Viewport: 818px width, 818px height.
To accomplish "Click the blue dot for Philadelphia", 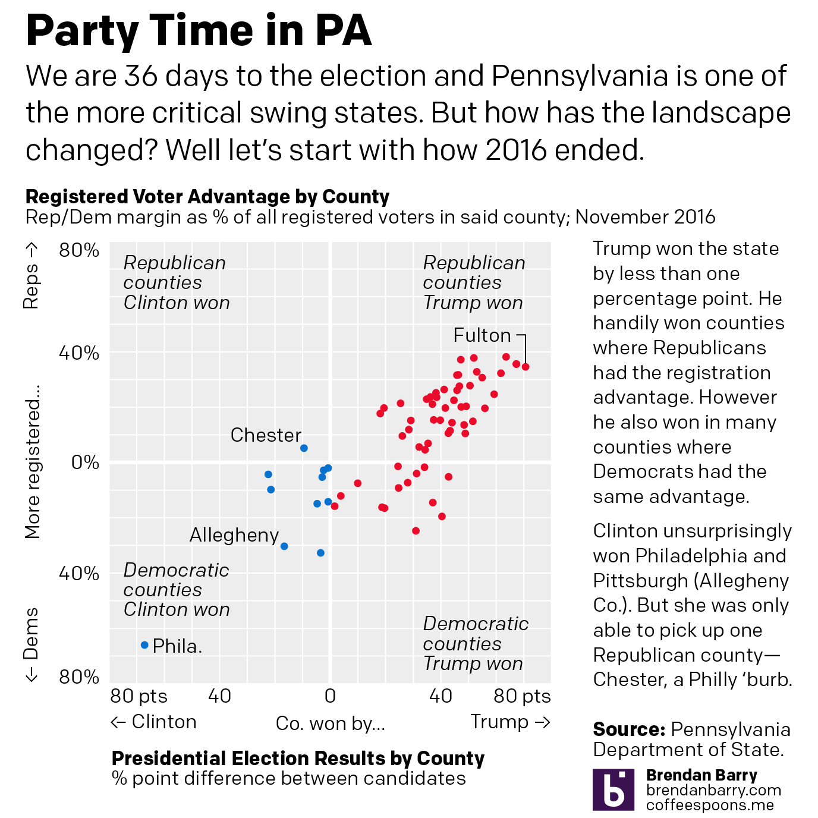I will click(x=144, y=645).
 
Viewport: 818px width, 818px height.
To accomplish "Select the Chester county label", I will click(x=266, y=435).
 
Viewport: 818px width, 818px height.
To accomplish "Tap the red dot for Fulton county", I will click(x=526, y=367).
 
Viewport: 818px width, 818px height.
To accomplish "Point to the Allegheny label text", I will click(x=234, y=536).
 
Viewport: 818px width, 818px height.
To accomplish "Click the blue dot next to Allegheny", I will click(x=284, y=546).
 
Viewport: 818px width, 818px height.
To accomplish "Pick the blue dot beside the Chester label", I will click(x=304, y=448).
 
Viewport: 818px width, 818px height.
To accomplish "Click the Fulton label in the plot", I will click(x=482, y=335).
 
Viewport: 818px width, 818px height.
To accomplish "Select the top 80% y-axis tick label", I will click(x=79, y=250).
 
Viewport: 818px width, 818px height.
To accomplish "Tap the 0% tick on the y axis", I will click(x=85, y=462).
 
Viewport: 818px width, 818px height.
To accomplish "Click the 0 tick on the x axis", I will click(x=331, y=696).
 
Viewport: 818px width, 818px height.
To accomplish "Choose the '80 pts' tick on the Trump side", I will click(x=522, y=696).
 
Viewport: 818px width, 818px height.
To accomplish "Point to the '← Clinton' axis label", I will click(x=153, y=722).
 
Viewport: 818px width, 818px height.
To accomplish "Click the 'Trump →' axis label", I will click(x=511, y=722).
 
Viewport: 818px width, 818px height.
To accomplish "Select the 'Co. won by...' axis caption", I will click(x=331, y=723).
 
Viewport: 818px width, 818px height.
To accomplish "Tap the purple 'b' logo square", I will click(x=613, y=789).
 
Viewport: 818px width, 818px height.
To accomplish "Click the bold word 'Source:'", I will click(x=628, y=729).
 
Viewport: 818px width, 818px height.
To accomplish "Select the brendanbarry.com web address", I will click(x=713, y=791).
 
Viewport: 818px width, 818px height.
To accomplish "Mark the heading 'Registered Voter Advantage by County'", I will click(x=207, y=197).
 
